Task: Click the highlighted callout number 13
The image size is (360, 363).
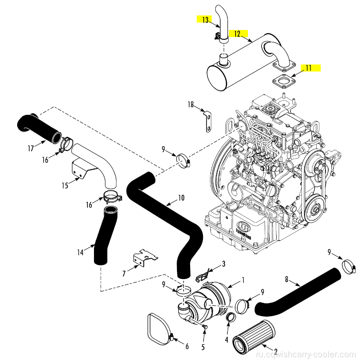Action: pos(205,19)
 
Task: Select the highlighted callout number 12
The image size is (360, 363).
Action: pos(237,34)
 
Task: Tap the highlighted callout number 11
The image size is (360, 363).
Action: pos(308,68)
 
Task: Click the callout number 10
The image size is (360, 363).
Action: pos(181,198)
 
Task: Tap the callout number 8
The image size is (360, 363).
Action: pos(287,279)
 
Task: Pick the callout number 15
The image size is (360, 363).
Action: pos(65,185)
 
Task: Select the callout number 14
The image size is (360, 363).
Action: pos(80,253)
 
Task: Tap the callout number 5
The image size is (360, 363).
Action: pos(203,347)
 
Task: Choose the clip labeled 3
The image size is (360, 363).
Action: pos(201,275)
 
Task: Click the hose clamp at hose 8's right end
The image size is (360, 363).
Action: pos(348,267)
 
